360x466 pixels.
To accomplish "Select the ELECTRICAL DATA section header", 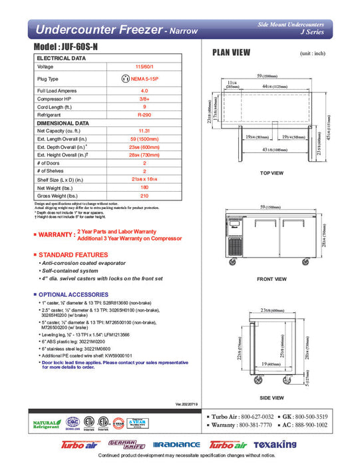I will click(x=61, y=58).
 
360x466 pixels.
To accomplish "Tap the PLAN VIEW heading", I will click(x=231, y=54).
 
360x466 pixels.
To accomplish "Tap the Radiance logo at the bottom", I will click(x=176, y=445).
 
